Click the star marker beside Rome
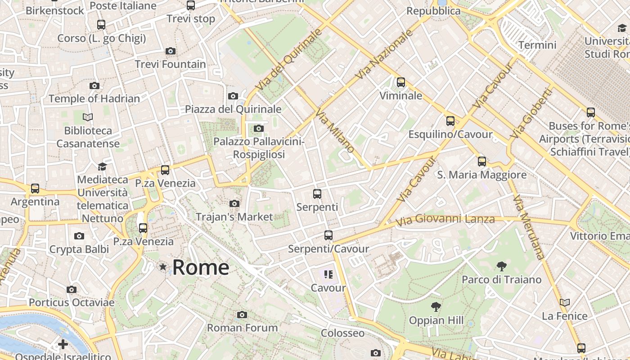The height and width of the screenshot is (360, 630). click(x=163, y=267)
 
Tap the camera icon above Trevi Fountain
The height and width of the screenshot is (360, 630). click(x=170, y=51)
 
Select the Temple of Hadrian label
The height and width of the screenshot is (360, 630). click(x=94, y=99)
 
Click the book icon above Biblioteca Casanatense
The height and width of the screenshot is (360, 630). click(x=88, y=117)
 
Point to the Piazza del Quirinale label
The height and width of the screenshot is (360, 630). click(x=233, y=109)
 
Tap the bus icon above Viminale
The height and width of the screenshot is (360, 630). click(x=400, y=82)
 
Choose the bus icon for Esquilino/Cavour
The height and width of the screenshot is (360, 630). click(x=450, y=121)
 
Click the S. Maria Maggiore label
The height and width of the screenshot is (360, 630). click(x=481, y=175)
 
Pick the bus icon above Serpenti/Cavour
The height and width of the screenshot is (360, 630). click(x=328, y=235)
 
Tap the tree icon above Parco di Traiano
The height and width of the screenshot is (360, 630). click(x=501, y=266)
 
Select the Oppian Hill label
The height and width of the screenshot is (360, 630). click(x=436, y=320)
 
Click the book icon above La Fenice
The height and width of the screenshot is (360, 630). click(x=564, y=302)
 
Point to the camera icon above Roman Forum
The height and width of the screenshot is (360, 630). click(x=242, y=315)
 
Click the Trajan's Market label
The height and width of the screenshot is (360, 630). click(x=234, y=217)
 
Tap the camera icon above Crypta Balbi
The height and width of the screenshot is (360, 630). click(x=79, y=236)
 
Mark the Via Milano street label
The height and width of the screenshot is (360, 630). click(x=335, y=130)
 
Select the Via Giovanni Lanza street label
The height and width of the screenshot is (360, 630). click(x=445, y=220)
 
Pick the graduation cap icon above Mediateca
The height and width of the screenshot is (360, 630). click(x=102, y=166)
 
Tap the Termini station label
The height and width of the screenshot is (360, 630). click(x=537, y=45)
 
